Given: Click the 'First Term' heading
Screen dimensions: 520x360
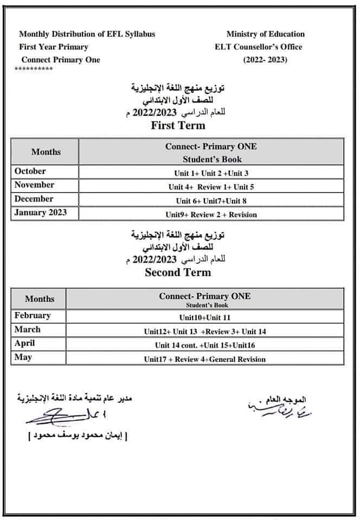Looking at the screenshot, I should coord(178,126).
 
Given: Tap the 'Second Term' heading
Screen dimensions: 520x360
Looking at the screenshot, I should coord(178,272).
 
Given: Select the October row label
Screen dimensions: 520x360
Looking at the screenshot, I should coord(30,171).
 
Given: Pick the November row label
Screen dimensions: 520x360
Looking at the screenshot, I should coord(35,185).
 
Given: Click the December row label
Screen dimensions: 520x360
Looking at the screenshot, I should coord(34,199).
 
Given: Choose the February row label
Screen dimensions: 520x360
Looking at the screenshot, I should coord(33,315).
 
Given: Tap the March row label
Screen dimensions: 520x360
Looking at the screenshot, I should coord(28,329).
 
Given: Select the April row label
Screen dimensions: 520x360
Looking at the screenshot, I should coord(25,343).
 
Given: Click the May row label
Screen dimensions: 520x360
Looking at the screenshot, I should coord(23,357).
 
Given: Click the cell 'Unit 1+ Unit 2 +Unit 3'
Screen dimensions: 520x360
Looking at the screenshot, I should coord(211,173).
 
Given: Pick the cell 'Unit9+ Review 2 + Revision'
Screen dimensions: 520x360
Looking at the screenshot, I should coord(211,214).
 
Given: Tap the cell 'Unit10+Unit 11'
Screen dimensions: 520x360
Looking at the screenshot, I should coord(204,317).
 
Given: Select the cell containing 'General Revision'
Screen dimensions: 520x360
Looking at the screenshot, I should coord(204,359).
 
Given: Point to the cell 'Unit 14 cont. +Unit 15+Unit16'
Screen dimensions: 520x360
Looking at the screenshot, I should coord(204,345).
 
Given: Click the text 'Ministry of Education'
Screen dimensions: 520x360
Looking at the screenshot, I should coord(265,34).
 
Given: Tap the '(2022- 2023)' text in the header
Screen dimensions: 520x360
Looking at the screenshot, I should coord(265,60).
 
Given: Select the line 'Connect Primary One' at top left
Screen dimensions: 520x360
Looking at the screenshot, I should coord(61,60).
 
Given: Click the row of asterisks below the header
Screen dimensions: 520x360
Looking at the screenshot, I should coord(34,69).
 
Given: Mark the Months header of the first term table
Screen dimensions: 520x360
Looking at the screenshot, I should coord(46,152).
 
